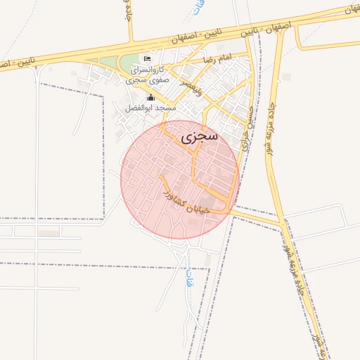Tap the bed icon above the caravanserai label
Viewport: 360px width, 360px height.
click(146, 58)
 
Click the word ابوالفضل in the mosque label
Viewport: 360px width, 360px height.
click(140, 108)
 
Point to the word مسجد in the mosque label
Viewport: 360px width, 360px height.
click(166, 108)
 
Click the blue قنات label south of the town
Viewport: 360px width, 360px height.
click(188, 279)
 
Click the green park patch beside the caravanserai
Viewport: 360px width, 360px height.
click(127, 64)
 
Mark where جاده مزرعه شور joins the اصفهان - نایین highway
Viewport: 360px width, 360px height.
click(281, 32)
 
